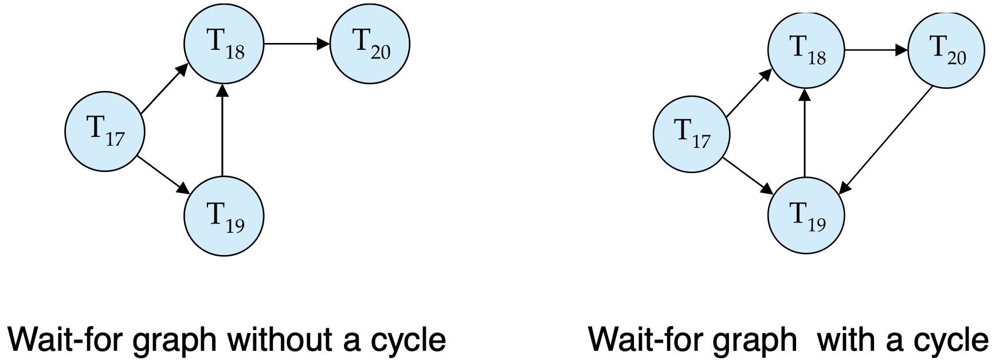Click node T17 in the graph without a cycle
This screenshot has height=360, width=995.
tap(105, 132)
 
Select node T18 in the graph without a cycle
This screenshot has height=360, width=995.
tap(224, 44)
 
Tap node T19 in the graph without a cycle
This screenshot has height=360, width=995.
tap(224, 217)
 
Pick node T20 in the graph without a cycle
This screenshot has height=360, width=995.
tap(370, 44)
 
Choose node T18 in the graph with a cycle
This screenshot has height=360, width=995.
tap(806, 50)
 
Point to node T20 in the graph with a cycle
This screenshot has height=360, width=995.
tap(946, 50)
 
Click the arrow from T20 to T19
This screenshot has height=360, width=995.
tap(887, 139)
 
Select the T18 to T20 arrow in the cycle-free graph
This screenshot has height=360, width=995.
tap(297, 44)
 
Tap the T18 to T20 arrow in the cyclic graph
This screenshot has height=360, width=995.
tap(876, 50)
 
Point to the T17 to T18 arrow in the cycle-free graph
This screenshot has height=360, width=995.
tap(164, 87)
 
